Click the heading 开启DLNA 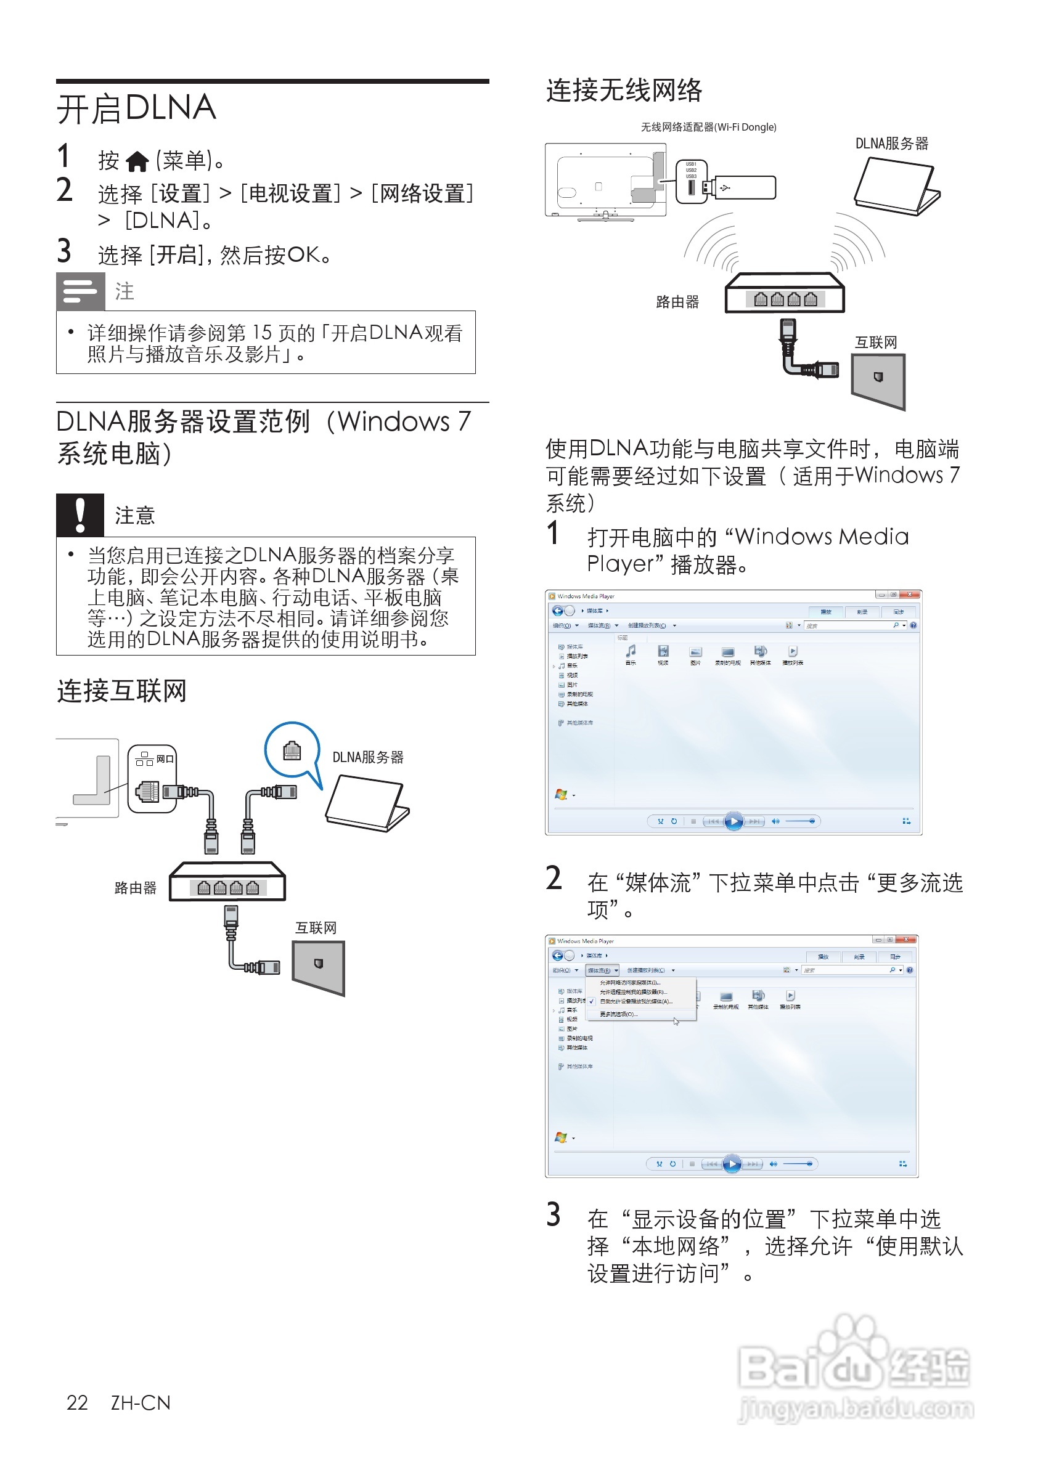click(x=136, y=108)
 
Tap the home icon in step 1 click(x=137, y=161)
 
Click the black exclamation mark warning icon click(x=80, y=515)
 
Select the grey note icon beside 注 click(x=81, y=291)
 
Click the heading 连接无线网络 click(x=624, y=90)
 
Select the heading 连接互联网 click(x=121, y=691)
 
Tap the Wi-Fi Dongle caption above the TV click(x=708, y=127)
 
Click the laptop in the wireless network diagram click(x=897, y=187)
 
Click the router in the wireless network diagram click(x=784, y=293)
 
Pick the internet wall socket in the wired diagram click(x=318, y=967)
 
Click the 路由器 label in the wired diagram click(x=136, y=887)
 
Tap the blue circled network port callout click(x=292, y=750)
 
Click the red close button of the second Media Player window click(x=905, y=940)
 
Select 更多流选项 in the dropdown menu click(x=618, y=1014)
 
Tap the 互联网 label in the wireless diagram click(x=876, y=343)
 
